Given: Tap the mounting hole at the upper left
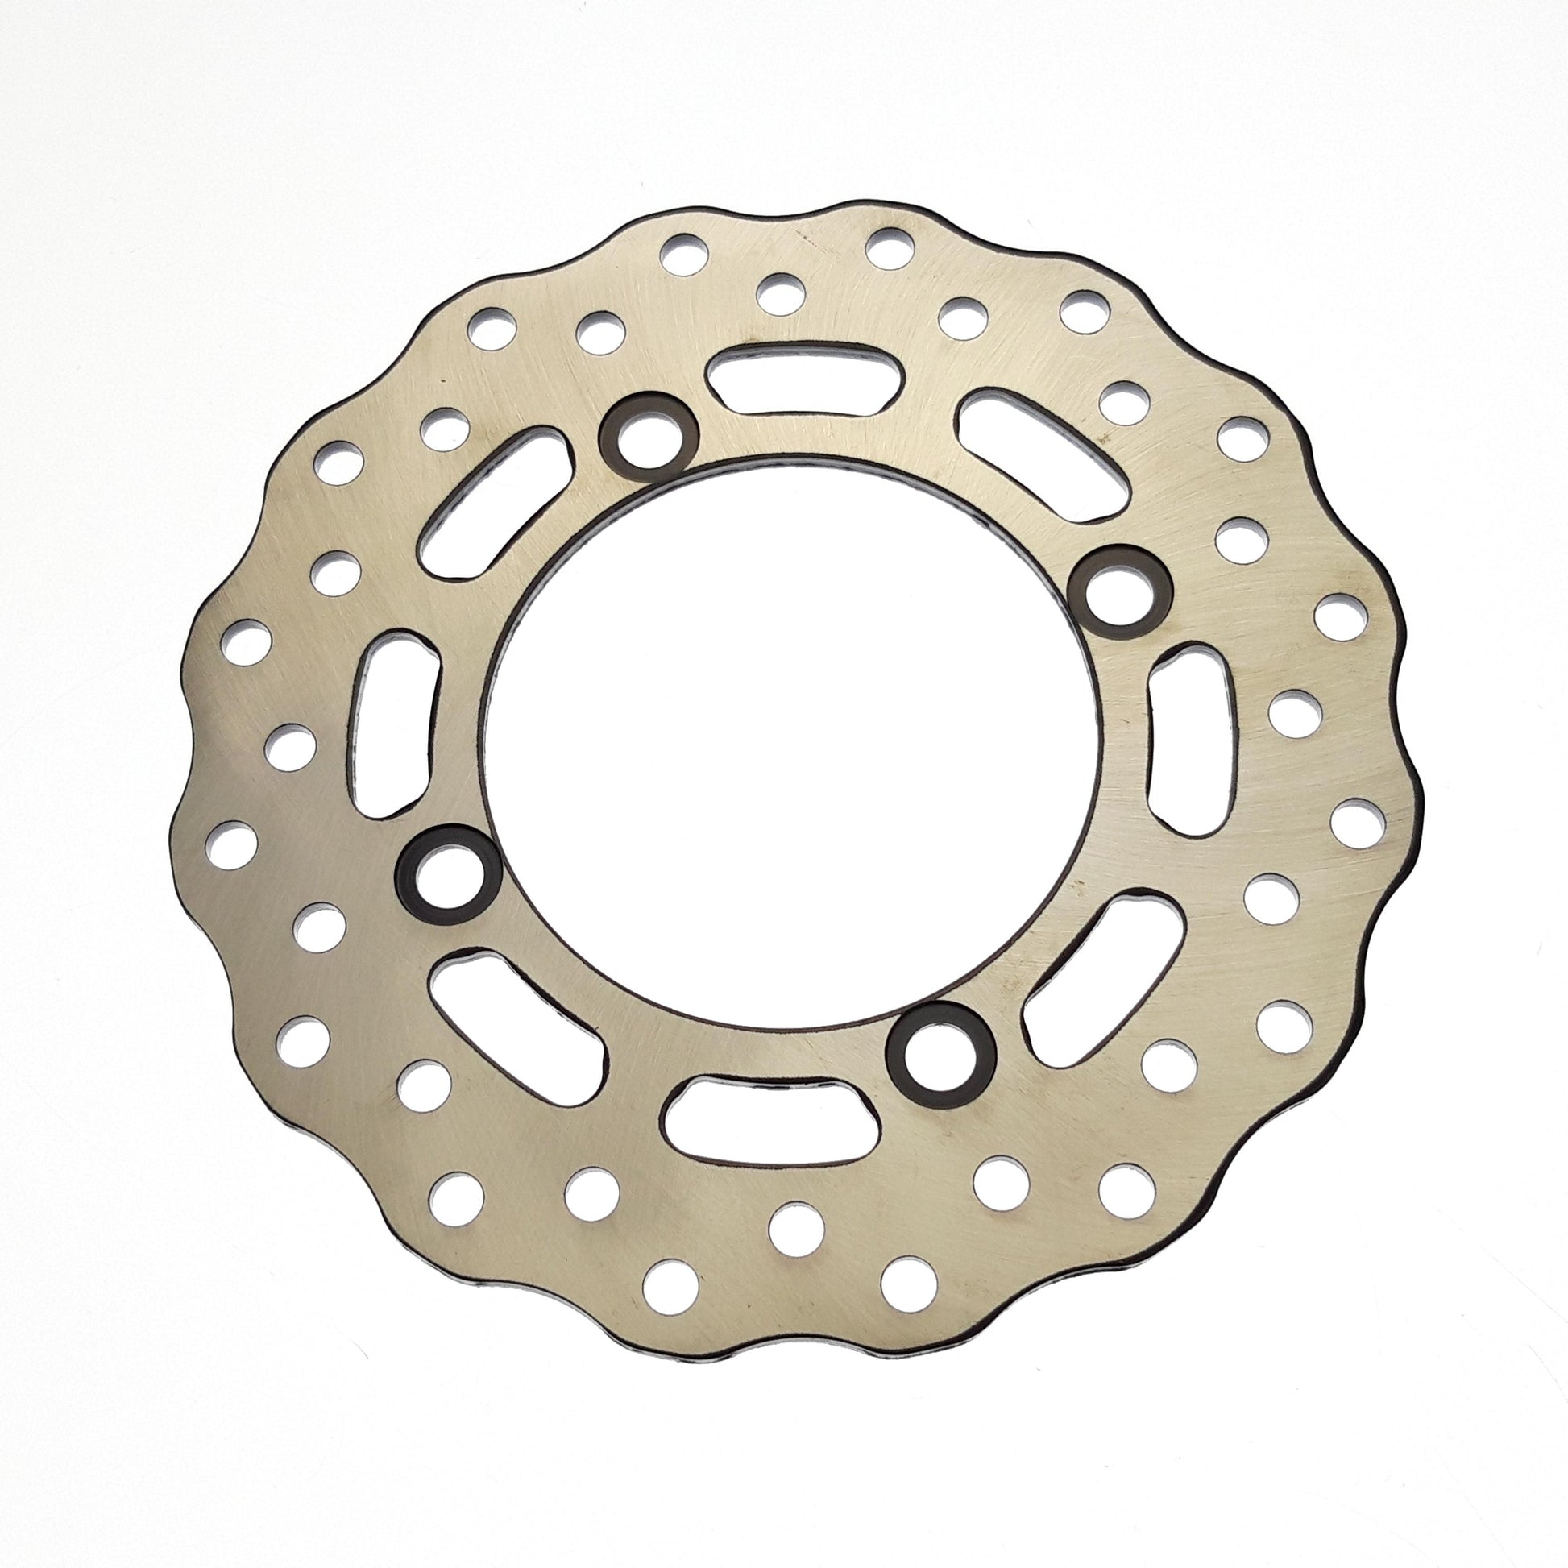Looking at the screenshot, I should [x=648, y=438].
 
